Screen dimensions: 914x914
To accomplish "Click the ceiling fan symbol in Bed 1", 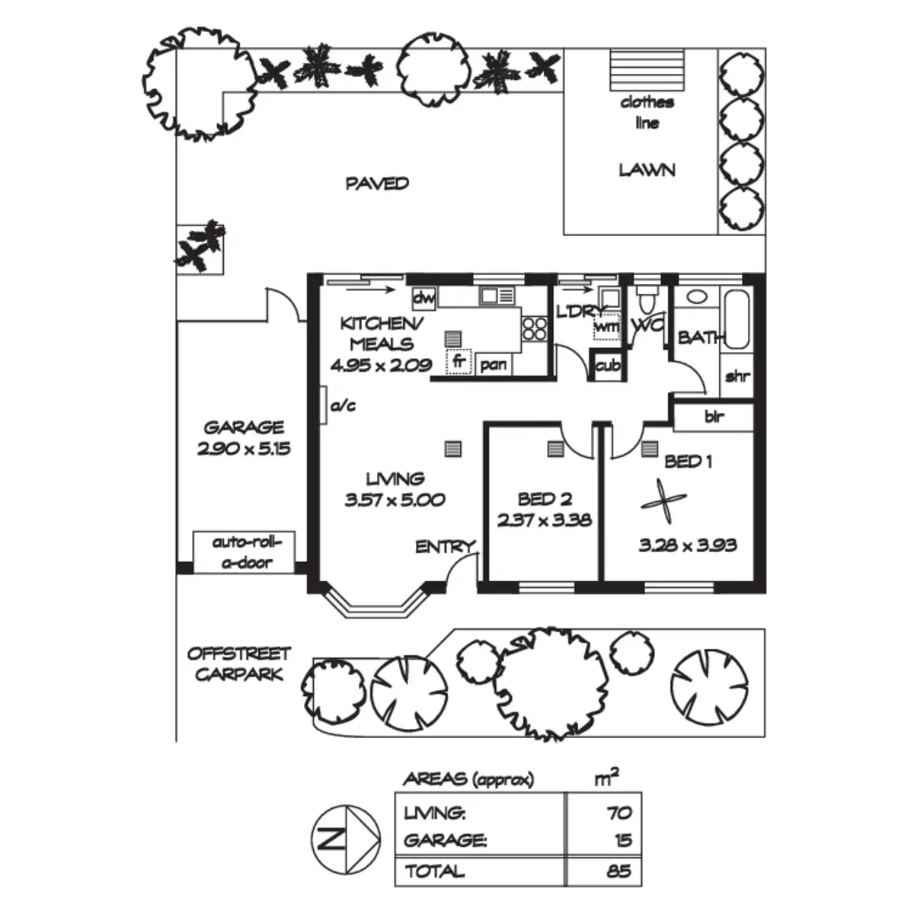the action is click(x=663, y=501).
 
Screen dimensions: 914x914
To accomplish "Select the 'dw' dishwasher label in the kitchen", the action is click(x=423, y=299).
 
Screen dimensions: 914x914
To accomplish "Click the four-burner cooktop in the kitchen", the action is click(x=535, y=329).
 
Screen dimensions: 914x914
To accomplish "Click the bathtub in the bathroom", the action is click(x=737, y=320).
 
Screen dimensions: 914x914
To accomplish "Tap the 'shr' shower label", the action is click(x=737, y=376).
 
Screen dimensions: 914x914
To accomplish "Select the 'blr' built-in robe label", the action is click(x=714, y=417).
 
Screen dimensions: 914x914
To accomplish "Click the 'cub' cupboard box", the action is click(x=608, y=366).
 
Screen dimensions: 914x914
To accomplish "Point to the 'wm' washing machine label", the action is click(x=606, y=328).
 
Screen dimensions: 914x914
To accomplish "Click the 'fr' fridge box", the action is click(x=459, y=361).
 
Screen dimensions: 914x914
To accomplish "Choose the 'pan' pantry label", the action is click(x=494, y=366).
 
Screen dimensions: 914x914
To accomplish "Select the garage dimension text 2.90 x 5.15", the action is click(x=244, y=449).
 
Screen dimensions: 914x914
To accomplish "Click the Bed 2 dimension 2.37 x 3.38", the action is click(x=545, y=520).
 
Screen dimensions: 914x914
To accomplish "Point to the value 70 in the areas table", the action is click(x=619, y=813).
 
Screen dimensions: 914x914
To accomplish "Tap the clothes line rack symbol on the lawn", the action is click(x=647, y=70).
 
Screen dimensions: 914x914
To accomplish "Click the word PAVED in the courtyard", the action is click(x=377, y=184).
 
